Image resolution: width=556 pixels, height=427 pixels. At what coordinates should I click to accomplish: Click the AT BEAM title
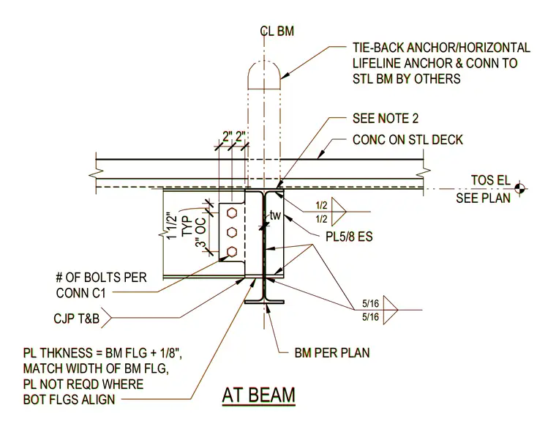258,395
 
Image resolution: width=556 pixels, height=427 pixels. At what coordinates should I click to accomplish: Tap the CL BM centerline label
277,31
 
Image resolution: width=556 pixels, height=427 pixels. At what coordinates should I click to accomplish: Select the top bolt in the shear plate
232,212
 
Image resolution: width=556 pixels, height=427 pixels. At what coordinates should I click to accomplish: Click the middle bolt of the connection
232,232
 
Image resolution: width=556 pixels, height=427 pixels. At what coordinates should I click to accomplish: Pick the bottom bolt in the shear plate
232,252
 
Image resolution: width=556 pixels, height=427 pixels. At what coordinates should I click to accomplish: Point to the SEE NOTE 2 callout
386,118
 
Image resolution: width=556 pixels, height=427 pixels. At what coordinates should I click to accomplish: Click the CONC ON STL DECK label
407,140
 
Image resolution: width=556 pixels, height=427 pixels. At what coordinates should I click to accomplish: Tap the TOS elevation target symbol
521,188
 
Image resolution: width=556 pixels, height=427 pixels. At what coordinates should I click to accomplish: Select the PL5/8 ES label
349,237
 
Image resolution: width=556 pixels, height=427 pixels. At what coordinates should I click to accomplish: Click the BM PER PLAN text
332,353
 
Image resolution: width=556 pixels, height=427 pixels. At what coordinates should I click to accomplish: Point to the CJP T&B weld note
77,319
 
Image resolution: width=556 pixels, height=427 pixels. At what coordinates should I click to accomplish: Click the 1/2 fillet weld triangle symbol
338,212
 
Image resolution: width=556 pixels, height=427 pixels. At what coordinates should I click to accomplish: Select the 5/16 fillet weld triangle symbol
391,311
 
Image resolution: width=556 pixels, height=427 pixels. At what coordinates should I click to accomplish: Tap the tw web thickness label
275,215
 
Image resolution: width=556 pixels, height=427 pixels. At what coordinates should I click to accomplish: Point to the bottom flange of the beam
264,302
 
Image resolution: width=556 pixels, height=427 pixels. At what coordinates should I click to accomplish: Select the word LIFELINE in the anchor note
376,63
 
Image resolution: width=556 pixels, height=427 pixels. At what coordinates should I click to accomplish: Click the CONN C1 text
81,293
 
